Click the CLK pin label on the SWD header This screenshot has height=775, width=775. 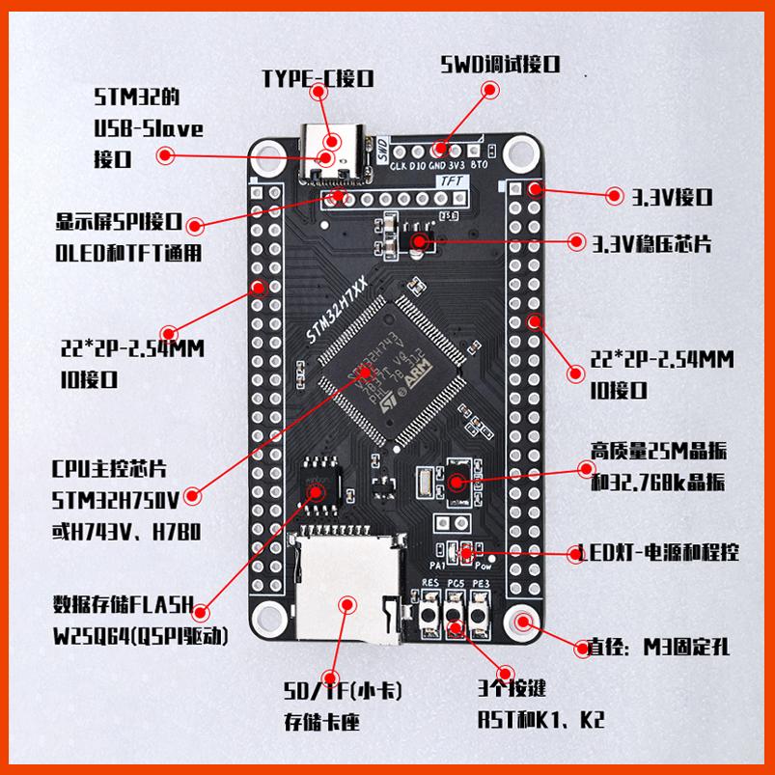click(x=397, y=165)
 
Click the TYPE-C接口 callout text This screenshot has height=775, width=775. click(x=318, y=78)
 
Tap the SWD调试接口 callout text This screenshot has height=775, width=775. click(x=500, y=66)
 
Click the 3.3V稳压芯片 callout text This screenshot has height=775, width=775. click(x=652, y=241)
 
